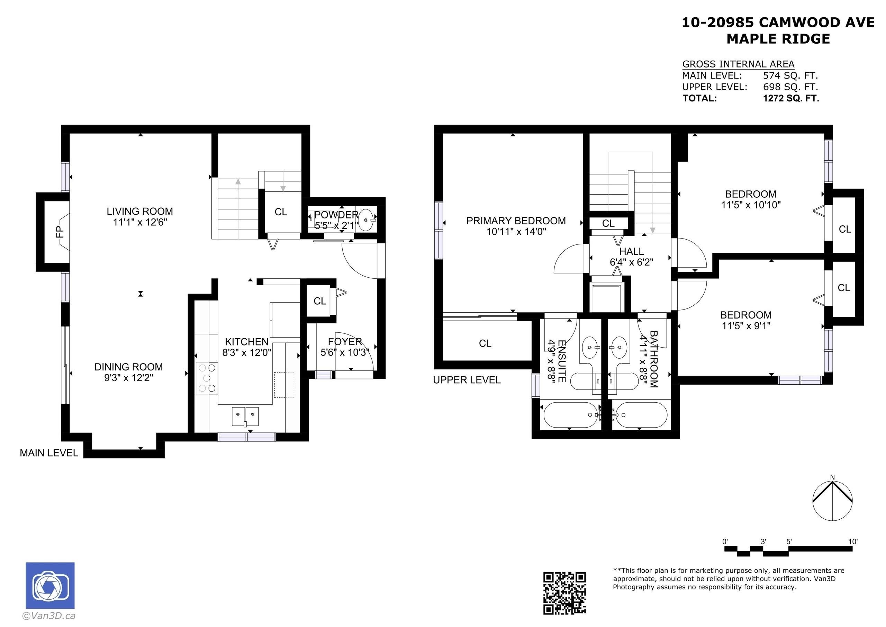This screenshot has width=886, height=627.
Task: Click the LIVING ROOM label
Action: click(140, 211)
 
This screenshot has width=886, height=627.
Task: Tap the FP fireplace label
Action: click(60, 232)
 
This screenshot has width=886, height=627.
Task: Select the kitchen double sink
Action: click(245, 416)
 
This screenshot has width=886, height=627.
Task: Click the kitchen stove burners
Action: click(207, 378)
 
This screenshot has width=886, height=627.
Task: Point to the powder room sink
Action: click(365, 220)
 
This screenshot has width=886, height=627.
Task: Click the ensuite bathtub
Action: click(570, 415)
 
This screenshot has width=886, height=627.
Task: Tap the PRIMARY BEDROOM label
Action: click(516, 221)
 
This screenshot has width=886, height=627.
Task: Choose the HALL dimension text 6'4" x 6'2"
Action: click(631, 262)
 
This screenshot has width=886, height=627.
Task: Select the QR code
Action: click(564, 593)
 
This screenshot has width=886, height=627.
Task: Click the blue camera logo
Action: click(50, 585)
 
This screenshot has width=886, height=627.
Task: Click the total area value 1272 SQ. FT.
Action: click(791, 98)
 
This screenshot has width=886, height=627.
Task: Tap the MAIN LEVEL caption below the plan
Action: click(49, 453)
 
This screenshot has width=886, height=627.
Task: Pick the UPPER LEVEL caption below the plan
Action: click(467, 380)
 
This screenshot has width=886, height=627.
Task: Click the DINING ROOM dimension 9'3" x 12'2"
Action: click(128, 378)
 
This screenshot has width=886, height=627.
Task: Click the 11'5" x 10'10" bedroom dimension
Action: click(751, 205)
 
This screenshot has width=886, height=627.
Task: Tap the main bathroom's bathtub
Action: click(640, 415)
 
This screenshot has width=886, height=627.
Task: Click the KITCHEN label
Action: click(246, 342)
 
